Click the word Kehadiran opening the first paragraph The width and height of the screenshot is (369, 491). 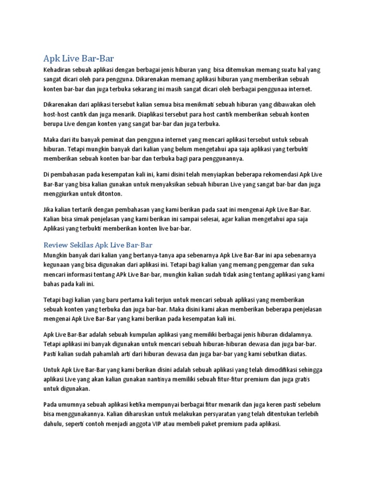59,70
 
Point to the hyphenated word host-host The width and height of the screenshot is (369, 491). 59,115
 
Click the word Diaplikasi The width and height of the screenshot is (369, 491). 171,115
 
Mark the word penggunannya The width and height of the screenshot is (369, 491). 221,159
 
